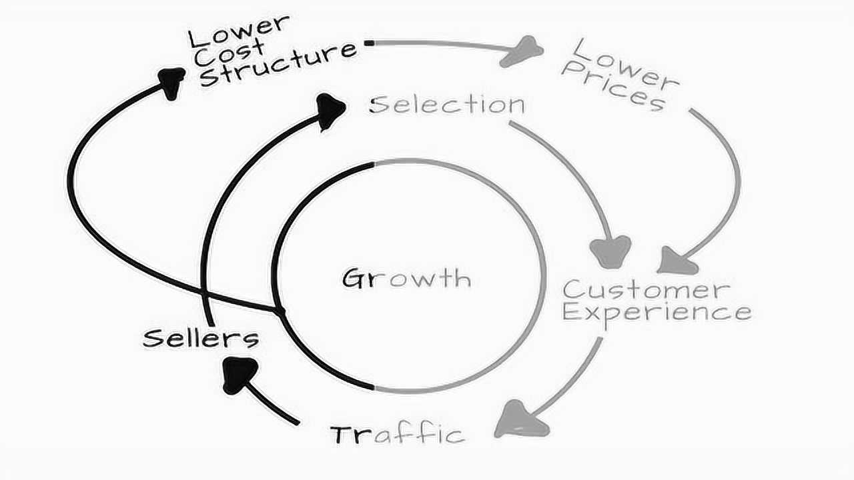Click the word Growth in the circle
[406, 277]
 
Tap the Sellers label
[201, 338]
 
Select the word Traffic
[398, 435]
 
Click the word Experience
[657, 312]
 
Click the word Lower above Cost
[240, 30]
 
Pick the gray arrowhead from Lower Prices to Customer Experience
[677, 261]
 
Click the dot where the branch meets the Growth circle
[279, 311]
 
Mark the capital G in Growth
[352, 277]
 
